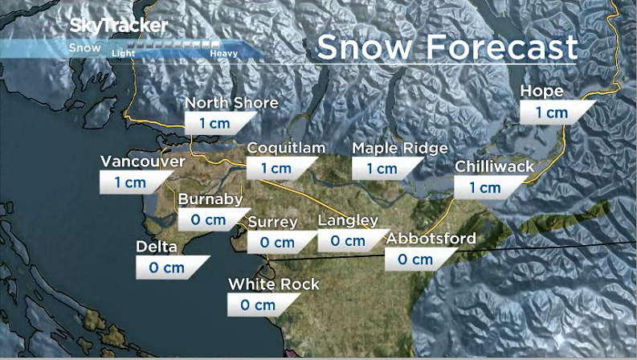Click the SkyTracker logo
[x=119, y=26]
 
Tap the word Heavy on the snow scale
[x=223, y=54]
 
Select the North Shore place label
[x=231, y=103]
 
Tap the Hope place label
[x=541, y=92]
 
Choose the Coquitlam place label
[x=286, y=148]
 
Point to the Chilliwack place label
[x=494, y=167]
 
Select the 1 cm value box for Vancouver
[x=131, y=182]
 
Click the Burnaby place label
[x=210, y=199]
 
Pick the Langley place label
[x=348, y=220]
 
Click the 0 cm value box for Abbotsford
[x=416, y=260]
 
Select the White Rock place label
[x=273, y=284]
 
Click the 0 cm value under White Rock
[x=259, y=305]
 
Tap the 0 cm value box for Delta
[x=167, y=268]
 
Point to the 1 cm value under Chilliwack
[x=484, y=188]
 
